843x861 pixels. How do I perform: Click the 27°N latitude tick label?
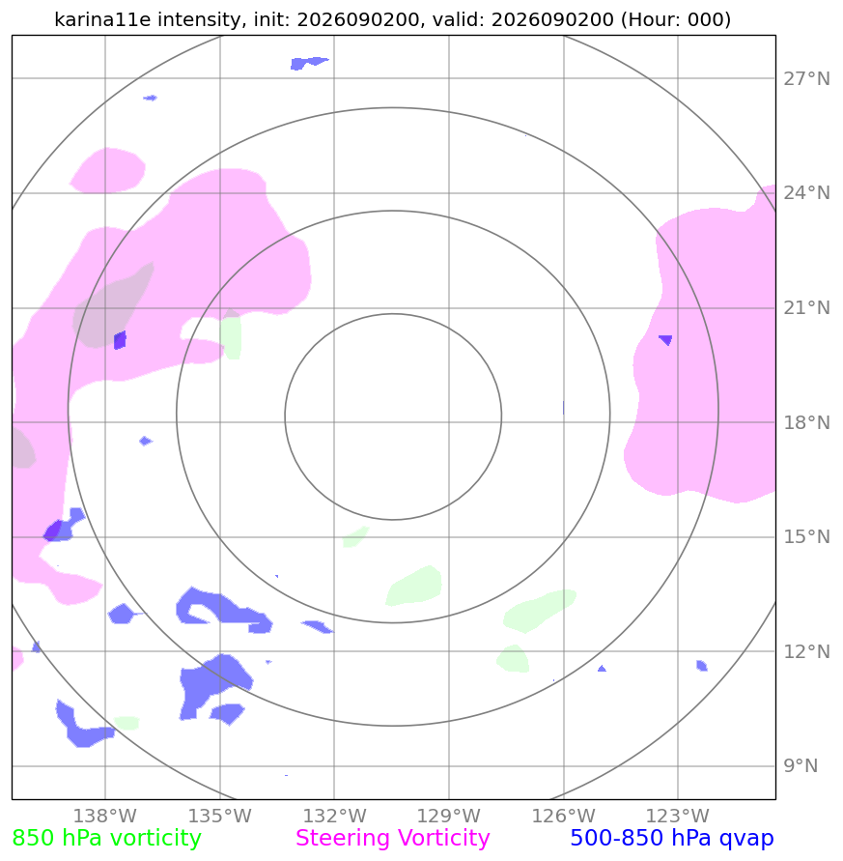[x=806, y=79]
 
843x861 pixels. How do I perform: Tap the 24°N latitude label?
[x=806, y=193]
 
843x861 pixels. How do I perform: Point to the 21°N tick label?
[x=806, y=308]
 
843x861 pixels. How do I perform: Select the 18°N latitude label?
[x=806, y=423]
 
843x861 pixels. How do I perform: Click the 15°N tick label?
[x=806, y=537]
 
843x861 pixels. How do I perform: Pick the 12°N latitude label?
[x=806, y=652]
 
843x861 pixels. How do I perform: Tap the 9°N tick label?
[x=801, y=766]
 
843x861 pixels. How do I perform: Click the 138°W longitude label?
[x=105, y=816]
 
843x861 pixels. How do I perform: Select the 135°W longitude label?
[x=220, y=816]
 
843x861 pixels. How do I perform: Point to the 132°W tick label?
[x=335, y=816]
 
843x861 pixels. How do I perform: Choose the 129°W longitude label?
[x=449, y=816]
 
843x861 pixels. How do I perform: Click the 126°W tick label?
[x=564, y=816]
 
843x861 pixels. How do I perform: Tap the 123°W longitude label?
[x=678, y=816]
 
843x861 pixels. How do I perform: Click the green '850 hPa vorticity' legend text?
[x=106, y=839]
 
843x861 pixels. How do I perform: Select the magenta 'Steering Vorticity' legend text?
[x=392, y=839]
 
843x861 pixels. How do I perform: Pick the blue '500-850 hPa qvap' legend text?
[x=672, y=839]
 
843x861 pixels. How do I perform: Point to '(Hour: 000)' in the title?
[x=676, y=19]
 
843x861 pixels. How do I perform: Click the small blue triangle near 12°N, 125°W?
[x=602, y=669]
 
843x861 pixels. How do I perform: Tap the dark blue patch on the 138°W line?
[x=120, y=340]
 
